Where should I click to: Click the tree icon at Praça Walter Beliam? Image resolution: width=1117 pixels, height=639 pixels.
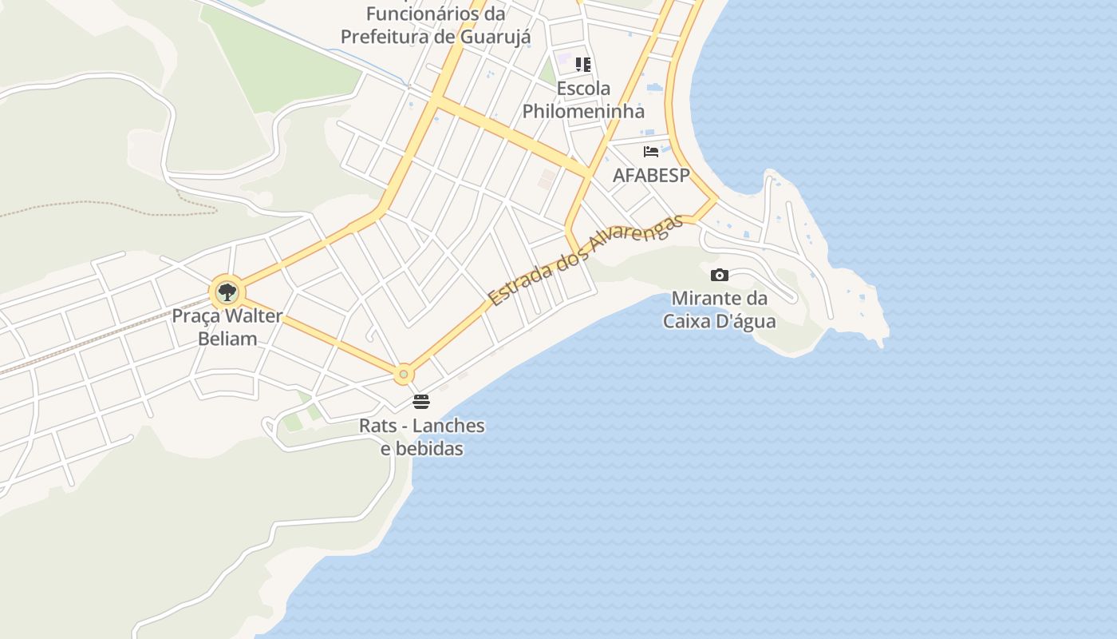click(227, 292)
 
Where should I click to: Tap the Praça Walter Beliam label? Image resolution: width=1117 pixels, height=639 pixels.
click(227, 327)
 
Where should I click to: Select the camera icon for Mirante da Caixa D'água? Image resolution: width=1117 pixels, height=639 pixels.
click(720, 275)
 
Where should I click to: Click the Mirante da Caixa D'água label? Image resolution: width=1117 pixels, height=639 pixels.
click(720, 310)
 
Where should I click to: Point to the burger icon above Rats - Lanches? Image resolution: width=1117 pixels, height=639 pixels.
click(421, 401)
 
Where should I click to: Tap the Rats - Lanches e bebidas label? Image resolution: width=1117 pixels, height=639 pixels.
click(421, 436)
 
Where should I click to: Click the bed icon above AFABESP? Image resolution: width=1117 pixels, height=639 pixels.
click(651, 151)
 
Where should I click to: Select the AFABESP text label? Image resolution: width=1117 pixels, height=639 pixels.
click(651, 175)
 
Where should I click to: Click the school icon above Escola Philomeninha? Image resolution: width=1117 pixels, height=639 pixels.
click(583, 65)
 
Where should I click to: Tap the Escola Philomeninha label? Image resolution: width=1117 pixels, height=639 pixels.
click(583, 100)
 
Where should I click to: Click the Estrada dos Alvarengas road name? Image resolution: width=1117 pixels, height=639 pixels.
click(586, 260)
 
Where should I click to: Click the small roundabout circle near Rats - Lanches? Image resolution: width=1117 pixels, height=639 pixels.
click(405, 374)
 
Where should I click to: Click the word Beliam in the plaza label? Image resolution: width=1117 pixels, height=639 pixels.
click(227, 338)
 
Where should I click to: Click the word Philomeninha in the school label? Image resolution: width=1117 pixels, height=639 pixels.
click(583, 111)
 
